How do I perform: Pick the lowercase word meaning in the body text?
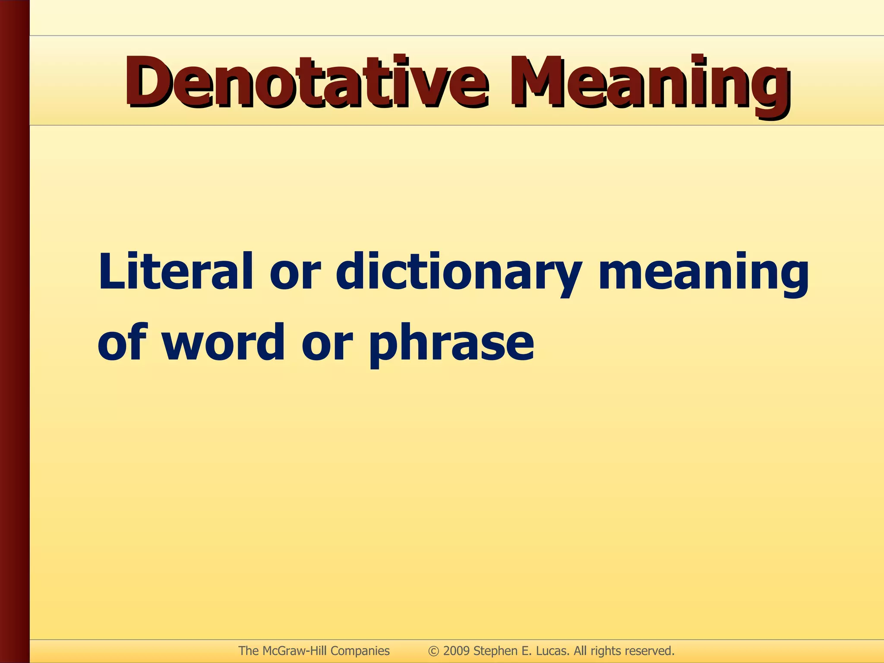click(x=704, y=276)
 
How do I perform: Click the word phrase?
click(x=451, y=343)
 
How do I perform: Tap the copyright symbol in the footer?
click(x=434, y=651)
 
